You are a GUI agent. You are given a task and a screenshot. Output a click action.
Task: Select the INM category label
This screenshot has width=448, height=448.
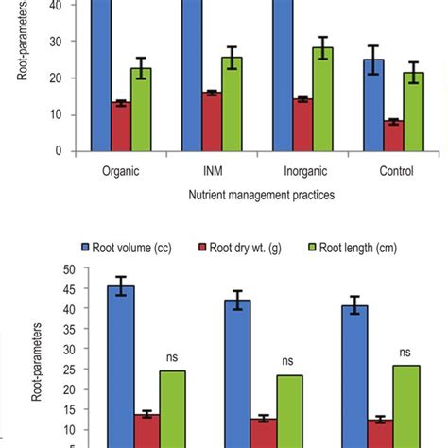[x=211, y=172]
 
